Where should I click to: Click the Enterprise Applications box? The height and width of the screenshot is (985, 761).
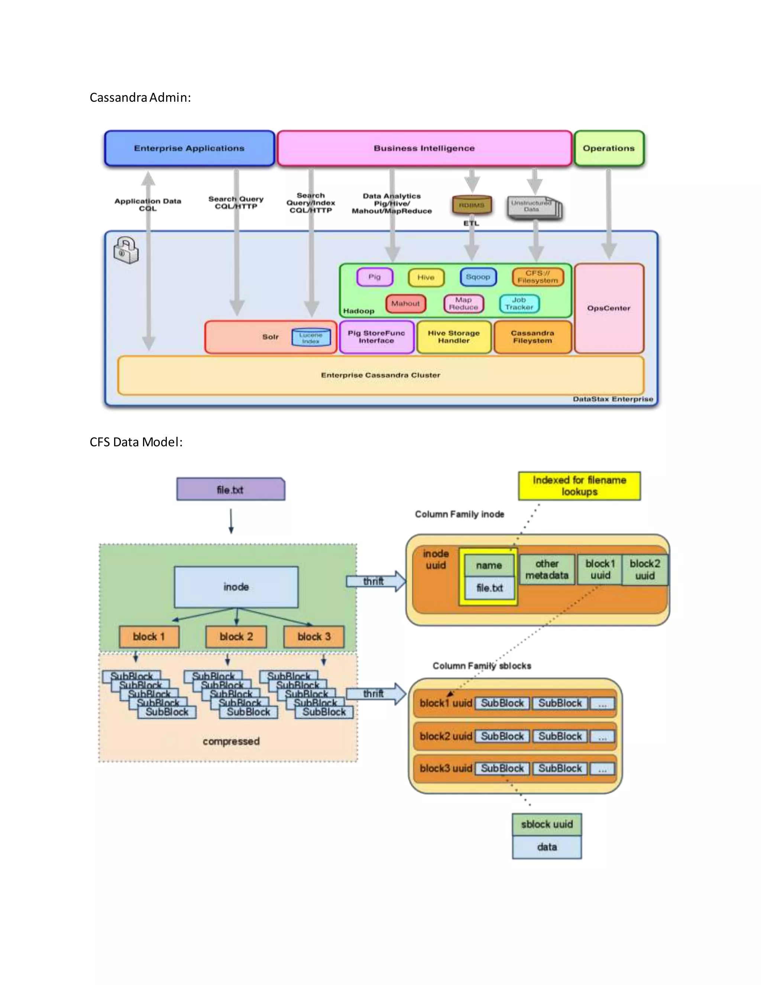coord(190,148)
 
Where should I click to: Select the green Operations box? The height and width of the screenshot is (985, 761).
coord(609,148)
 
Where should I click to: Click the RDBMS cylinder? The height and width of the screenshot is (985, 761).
coord(472,205)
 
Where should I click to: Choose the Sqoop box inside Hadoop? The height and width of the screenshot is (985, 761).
coord(478,277)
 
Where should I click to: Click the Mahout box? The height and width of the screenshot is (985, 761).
coord(405,304)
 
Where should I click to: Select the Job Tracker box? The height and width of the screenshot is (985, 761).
coord(519,304)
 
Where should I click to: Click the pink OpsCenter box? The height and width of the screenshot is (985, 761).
coord(609,308)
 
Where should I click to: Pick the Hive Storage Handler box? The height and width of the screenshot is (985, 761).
coord(454,337)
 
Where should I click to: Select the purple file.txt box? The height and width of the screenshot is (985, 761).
coord(230,490)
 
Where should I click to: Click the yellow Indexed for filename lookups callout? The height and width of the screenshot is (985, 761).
coord(579,486)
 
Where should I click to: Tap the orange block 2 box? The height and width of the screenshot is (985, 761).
coord(236,636)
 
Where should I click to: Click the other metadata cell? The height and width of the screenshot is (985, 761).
coord(547,569)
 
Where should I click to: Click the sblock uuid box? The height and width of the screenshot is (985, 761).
coord(546,824)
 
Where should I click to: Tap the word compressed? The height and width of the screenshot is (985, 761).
coord(231,741)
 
